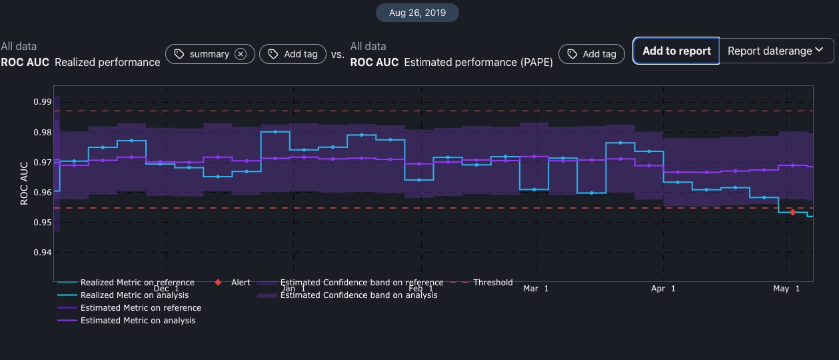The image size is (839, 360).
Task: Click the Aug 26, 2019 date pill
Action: tap(417, 13)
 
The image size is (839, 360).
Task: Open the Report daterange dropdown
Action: tap(776, 51)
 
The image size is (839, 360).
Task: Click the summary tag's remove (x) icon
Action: tap(241, 54)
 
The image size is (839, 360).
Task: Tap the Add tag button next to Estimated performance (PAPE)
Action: tap(592, 54)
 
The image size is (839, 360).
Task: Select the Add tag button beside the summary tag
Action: tap(293, 54)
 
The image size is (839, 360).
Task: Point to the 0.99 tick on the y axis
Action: tap(42, 102)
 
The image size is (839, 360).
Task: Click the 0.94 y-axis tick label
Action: tap(42, 253)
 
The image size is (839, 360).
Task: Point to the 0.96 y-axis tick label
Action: tap(42, 193)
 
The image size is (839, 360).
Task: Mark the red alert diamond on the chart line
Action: tap(792, 212)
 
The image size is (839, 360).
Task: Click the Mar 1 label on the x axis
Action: tap(536, 289)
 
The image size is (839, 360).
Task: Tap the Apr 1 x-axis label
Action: tap(663, 289)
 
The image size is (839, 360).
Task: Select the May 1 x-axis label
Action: tap(786, 289)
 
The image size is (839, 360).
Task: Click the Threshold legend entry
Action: tap(492, 283)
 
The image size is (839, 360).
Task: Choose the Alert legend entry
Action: tap(241, 283)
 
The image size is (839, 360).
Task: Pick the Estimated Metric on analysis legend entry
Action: tap(138, 321)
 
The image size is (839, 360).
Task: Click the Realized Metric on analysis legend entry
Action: tap(135, 295)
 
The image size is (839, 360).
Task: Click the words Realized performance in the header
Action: tap(107, 62)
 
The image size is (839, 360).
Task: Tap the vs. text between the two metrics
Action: tap(338, 55)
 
